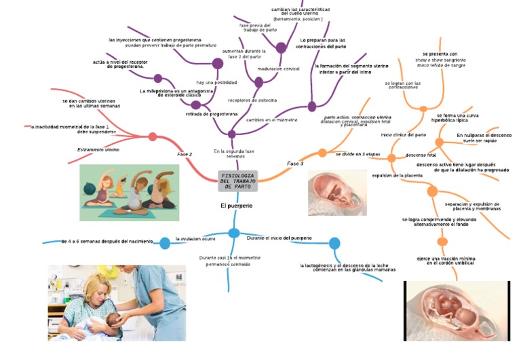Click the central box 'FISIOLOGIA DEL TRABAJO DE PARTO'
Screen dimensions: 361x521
point(237,181)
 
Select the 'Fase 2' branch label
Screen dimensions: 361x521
point(185,155)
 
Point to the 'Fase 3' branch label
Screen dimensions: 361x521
point(295,164)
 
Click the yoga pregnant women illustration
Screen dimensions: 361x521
point(130,192)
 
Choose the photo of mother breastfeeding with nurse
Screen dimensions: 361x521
point(117,303)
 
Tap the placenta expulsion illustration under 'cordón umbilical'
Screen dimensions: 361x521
point(456,310)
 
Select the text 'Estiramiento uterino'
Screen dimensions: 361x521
point(98,149)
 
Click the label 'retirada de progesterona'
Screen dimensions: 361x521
point(212,115)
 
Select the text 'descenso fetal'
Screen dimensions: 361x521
point(421,155)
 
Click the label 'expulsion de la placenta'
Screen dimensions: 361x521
point(398,176)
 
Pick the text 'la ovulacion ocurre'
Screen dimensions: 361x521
point(196,239)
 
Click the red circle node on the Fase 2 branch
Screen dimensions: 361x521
point(152,137)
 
